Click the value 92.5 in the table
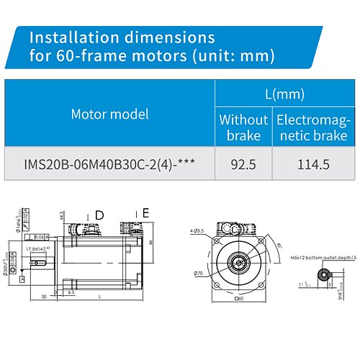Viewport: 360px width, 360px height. tap(243, 164)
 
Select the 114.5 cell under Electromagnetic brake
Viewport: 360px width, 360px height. tap(314, 164)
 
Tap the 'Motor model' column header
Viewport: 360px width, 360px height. tap(110, 114)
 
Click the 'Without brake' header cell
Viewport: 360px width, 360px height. tap(243, 127)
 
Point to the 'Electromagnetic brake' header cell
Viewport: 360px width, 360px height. tap(314, 127)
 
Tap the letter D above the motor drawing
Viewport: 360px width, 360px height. tap(99, 215)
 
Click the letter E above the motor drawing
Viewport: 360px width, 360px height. tap(145, 213)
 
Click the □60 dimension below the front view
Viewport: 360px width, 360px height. tap(239, 298)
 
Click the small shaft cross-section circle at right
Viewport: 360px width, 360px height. tap(327, 274)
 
